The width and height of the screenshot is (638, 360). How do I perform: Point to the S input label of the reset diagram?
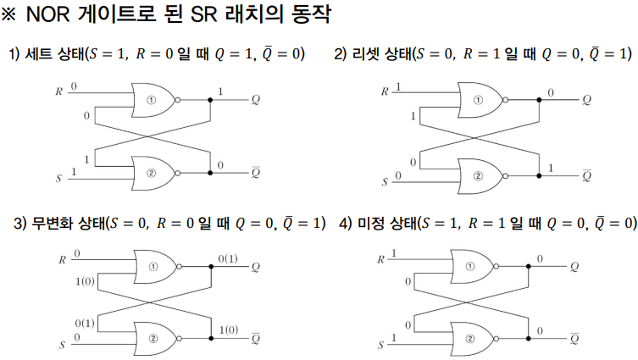(385, 182)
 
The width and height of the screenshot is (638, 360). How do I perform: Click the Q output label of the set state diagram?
(255, 100)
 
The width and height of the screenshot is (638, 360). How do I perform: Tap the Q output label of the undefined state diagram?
(575, 266)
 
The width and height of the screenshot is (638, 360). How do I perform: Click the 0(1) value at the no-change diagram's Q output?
(228, 258)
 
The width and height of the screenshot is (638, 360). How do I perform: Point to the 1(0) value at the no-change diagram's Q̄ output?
(229, 330)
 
